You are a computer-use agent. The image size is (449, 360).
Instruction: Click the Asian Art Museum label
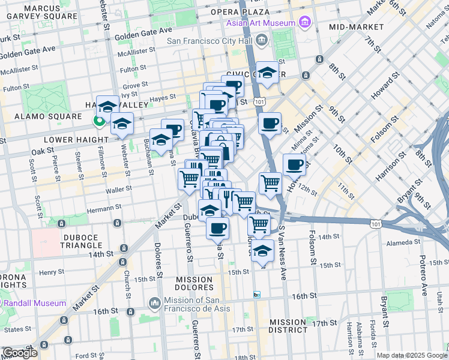[261, 23]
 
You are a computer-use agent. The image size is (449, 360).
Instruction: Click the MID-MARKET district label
[356, 27]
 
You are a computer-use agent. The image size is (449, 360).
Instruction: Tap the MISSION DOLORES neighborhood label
[194, 284]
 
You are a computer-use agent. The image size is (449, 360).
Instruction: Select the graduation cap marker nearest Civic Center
[267, 72]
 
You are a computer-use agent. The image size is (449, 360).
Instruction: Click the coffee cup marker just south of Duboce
[217, 228]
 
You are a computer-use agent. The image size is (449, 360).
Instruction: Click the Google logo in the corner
[20, 353]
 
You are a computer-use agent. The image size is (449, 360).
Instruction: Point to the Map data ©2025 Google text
[411, 355]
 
